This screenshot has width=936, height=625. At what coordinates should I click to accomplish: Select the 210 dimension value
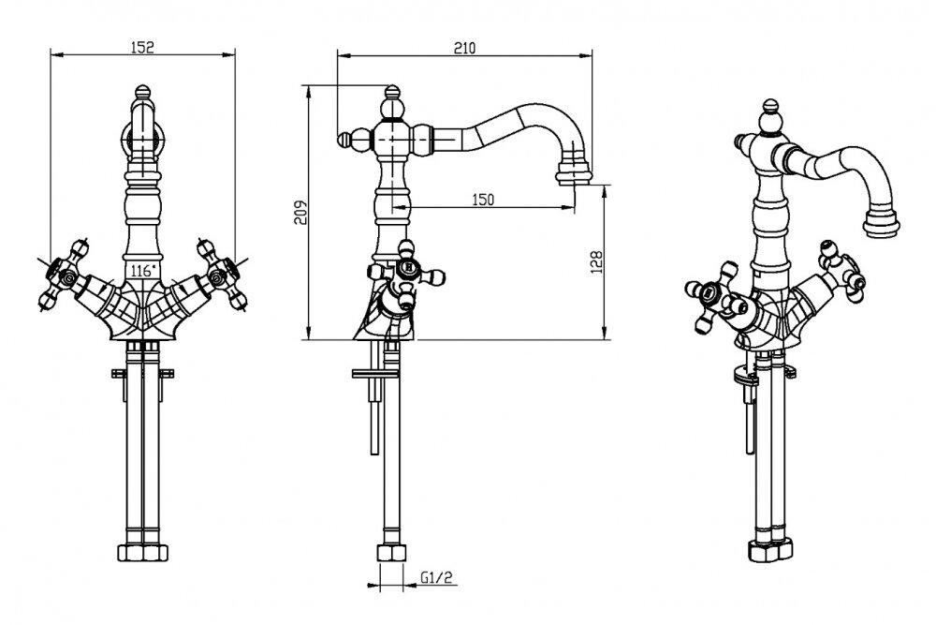464,49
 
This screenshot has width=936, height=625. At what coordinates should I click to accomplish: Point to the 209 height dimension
299,215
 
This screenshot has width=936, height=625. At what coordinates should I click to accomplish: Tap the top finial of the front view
140,93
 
